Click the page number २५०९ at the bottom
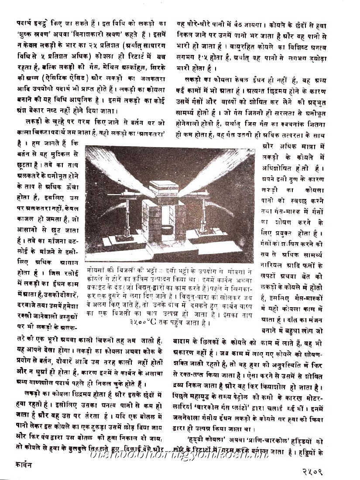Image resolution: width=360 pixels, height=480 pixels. [336, 470]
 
